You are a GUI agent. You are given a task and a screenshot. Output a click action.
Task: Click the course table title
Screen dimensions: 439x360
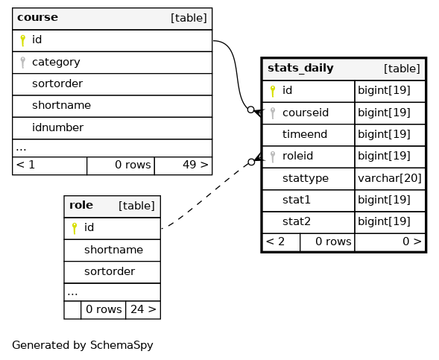pyautogui.click(x=37, y=17)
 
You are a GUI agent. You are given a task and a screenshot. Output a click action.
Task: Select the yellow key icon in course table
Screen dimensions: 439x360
pyautogui.click(x=22, y=40)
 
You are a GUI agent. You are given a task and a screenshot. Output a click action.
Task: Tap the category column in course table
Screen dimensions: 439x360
pyautogui.click(x=56, y=62)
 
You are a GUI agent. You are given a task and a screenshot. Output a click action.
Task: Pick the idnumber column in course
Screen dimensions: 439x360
pyautogui.click(x=57, y=127)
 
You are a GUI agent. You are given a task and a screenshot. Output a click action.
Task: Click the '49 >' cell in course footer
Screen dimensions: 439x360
pyautogui.click(x=183, y=165)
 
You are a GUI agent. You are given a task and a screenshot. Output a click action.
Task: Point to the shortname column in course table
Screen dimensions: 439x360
pyautogui.click(x=61, y=106)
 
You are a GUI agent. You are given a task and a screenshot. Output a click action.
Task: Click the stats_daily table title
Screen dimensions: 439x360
pyautogui.click(x=300, y=68)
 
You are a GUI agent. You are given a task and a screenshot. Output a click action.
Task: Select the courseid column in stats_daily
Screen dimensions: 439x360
pyautogui.click(x=306, y=113)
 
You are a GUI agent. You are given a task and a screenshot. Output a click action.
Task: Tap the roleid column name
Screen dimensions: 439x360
pyautogui.click(x=297, y=156)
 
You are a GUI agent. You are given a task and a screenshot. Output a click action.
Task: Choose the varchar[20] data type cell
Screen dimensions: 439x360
pyautogui.click(x=390, y=178)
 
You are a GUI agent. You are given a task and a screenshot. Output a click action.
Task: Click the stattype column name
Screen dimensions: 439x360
pyautogui.click(x=306, y=178)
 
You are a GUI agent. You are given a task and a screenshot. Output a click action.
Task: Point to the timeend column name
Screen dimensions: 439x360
pyautogui.click(x=305, y=134)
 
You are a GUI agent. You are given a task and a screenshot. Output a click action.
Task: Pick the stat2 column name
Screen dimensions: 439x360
pyautogui.click(x=297, y=221)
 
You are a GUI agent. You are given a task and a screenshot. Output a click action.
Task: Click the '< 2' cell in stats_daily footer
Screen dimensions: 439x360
pyautogui.click(x=281, y=242)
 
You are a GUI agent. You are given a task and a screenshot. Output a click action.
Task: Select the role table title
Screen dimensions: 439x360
pyautogui.click(x=81, y=205)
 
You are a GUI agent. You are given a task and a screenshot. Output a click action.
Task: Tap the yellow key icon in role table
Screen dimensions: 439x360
pyautogui.click(x=75, y=228)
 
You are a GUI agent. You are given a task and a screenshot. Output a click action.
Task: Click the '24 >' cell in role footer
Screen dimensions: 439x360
pyautogui.click(x=143, y=309)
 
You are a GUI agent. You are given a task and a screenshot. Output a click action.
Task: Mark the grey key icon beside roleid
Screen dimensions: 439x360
pyautogui.click(x=273, y=157)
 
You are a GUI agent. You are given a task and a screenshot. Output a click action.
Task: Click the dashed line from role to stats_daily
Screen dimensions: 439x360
pyautogui.click(x=208, y=196)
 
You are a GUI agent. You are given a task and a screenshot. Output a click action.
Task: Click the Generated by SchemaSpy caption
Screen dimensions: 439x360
pyautogui.click(x=83, y=345)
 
